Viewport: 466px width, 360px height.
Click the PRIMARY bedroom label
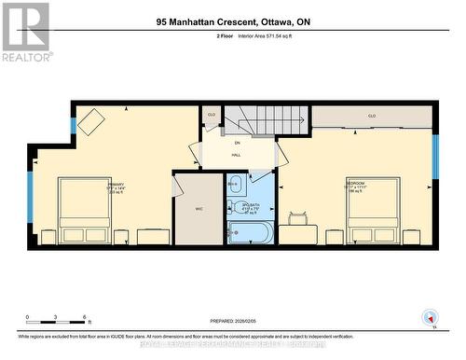[x=116, y=185]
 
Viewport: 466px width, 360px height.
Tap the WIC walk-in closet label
[x=199, y=209]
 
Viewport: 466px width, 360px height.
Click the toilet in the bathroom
[x=236, y=184]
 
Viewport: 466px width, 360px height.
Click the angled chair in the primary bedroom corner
[x=91, y=122]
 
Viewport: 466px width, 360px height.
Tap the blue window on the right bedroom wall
[x=434, y=156]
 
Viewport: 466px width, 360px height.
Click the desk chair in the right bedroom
[x=298, y=219]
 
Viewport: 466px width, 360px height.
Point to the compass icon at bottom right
[x=430, y=317]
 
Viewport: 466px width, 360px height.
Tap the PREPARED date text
[x=233, y=320]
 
